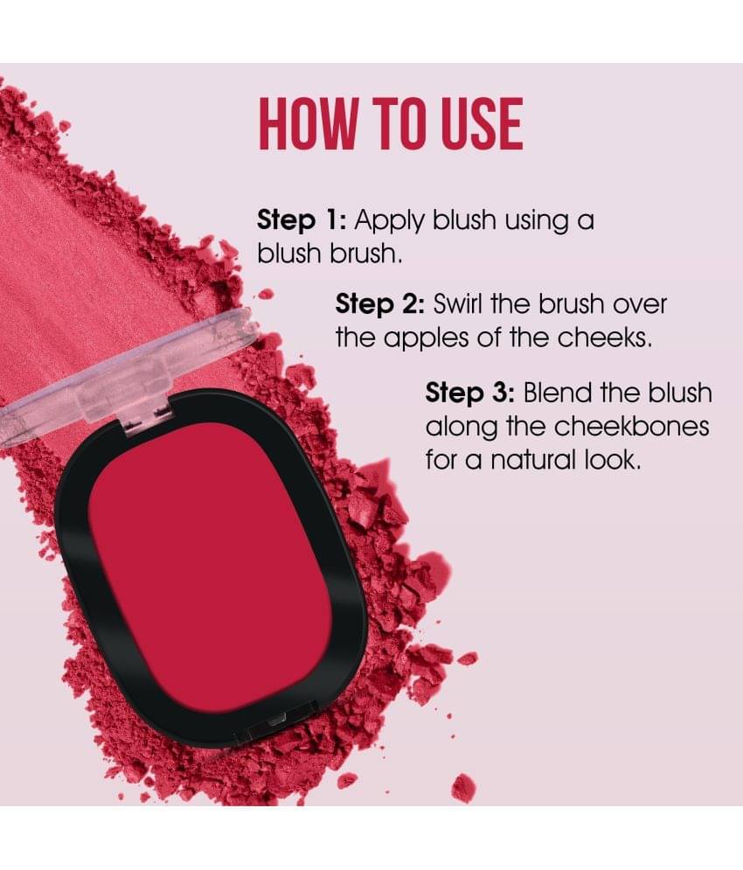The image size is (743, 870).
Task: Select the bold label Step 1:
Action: (x=302, y=221)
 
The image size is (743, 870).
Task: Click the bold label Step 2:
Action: (x=380, y=304)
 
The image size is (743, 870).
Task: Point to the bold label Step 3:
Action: (x=470, y=393)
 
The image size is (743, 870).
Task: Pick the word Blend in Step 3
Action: (x=558, y=393)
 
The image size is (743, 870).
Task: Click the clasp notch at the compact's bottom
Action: (x=275, y=720)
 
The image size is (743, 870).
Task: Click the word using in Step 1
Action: (x=537, y=222)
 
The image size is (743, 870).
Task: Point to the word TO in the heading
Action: (x=399, y=124)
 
